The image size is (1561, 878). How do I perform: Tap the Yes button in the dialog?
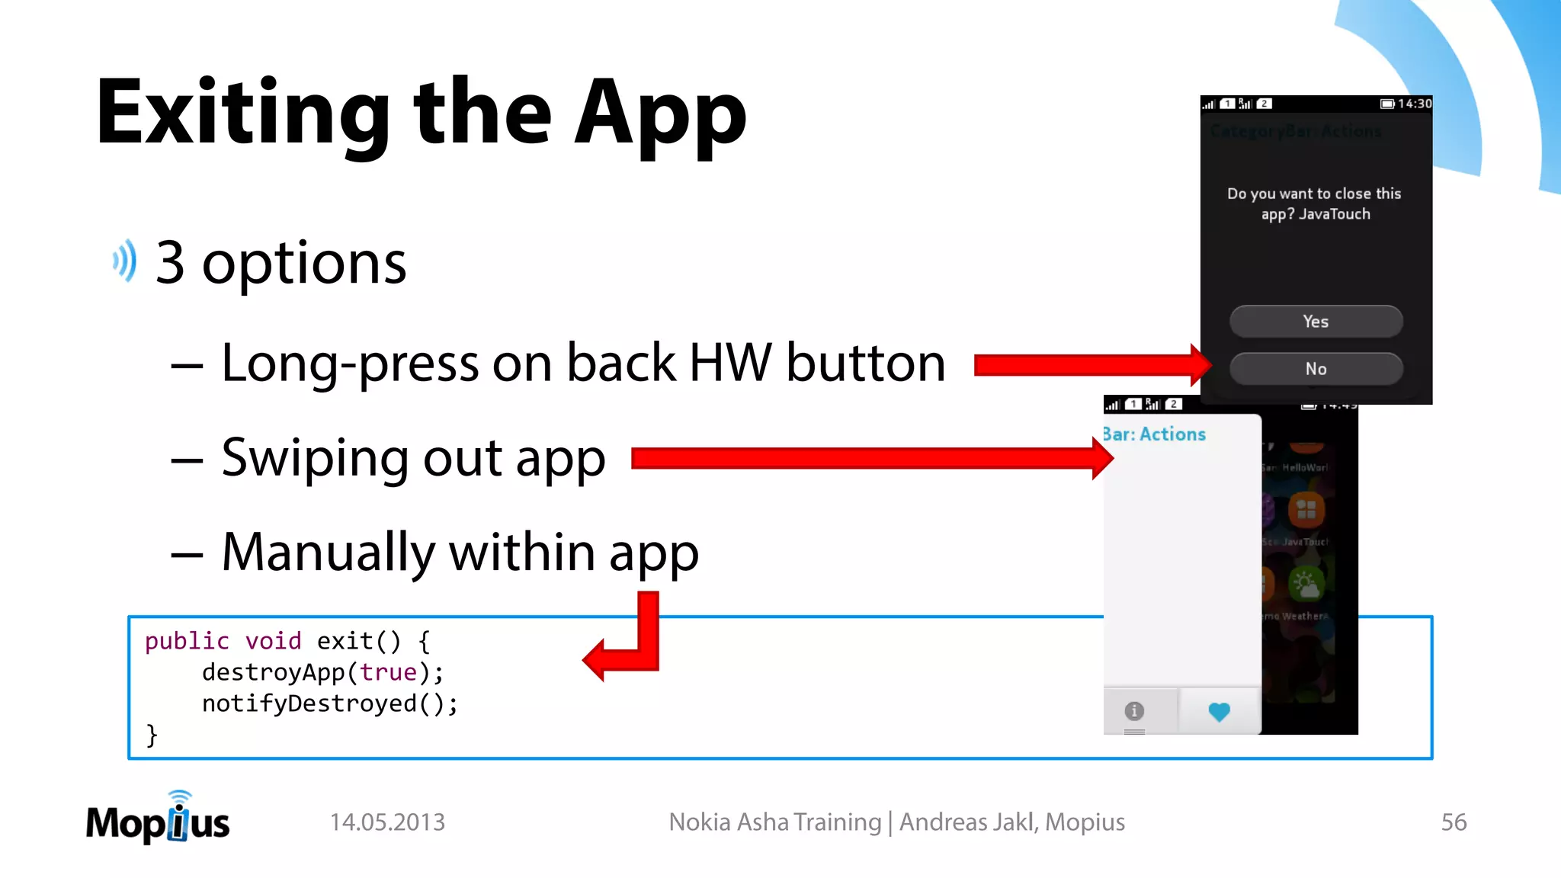(1316, 322)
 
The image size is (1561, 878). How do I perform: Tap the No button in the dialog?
(1316, 369)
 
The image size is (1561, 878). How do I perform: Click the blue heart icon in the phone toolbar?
(1219, 712)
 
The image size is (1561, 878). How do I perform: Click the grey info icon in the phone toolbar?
(1134, 711)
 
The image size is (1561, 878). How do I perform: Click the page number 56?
(1454, 822)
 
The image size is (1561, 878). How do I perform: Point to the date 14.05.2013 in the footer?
(387, 822)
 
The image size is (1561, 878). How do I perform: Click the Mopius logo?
(158, 820)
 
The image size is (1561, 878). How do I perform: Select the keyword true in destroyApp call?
(388, 672)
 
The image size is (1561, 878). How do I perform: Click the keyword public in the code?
(187, 641)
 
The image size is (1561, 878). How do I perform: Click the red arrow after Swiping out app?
(869, 458)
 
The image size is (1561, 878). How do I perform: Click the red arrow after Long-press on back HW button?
(1090, 365)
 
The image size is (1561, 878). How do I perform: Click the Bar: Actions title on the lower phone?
(1155, 434)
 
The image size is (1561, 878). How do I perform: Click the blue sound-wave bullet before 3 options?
(125, 261)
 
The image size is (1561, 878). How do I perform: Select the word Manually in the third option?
(329, 553)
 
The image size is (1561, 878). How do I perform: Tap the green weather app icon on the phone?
(1306, 584)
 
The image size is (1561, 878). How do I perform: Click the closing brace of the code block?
(152, 735)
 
